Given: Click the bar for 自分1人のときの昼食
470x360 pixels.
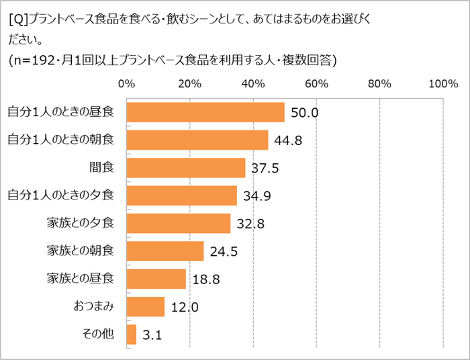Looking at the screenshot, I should pos(205,112).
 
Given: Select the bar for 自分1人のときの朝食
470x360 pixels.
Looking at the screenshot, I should pos(197,140).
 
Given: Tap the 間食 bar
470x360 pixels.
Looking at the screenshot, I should pos(186,168).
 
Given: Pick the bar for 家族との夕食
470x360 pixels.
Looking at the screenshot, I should pos(179,223).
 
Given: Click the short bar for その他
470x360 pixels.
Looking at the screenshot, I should pos(132,334).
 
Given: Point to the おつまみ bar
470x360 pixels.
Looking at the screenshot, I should pos(146,306).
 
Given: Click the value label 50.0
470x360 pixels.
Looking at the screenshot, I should pos(303,113).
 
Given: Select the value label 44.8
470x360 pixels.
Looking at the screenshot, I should pos(287,140).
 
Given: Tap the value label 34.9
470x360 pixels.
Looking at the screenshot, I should pos(256,196).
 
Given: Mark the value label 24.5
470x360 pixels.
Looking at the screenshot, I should pos(223,252).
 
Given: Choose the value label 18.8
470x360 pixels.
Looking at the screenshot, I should pos(205,279).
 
